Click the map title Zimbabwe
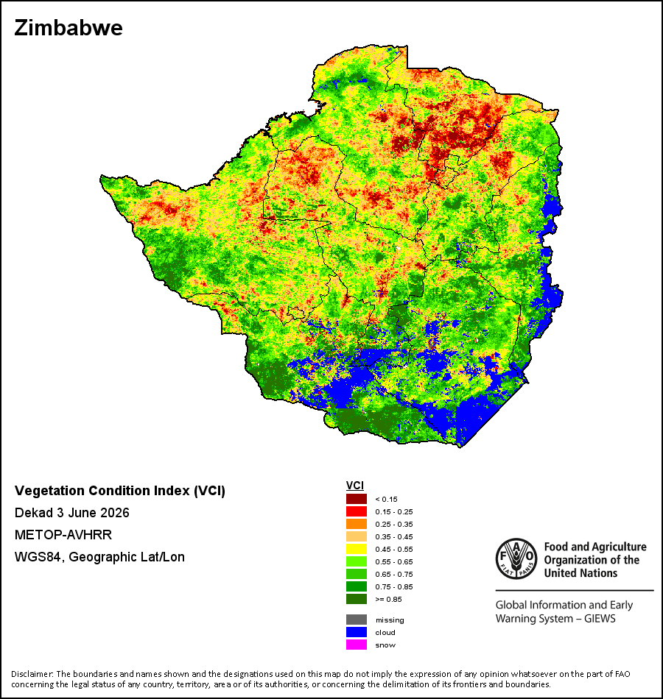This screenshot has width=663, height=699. pos(69,28)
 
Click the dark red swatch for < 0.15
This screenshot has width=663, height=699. pos(357,499)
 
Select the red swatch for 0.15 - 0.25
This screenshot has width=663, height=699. pos(357,511)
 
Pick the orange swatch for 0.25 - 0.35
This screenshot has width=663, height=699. pos(357,524)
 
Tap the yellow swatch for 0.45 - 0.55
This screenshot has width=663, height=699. pos(357,549)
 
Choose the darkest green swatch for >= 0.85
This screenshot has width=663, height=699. pos(357,599)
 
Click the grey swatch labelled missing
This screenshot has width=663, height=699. pos(357,620)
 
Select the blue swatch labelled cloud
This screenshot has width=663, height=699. pos(357,632)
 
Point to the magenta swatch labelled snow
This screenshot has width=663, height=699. pos(357,645)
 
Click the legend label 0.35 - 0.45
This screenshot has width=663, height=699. pos(394,536)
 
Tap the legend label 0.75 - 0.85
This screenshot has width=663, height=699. pos(394,586)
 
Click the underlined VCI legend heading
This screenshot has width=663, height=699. pos(355,486)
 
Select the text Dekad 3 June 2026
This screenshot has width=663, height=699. pos(72,513)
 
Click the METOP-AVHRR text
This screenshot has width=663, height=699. pos(63,534)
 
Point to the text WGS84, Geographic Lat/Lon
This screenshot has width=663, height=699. pos(99,557)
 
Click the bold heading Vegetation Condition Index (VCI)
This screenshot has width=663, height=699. pos(120,491)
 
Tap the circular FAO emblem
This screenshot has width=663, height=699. pos(516,559)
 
